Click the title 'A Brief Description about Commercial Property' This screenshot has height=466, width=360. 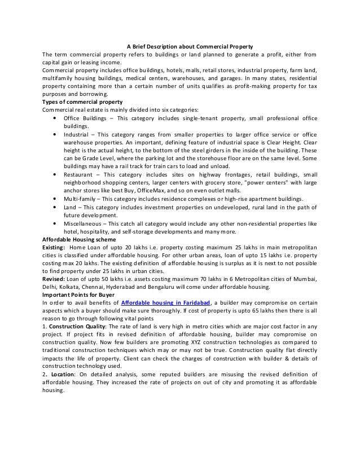pos(189,46)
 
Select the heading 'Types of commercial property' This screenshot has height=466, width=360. pos(79,102)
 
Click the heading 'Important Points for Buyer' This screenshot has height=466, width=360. pos(78,295)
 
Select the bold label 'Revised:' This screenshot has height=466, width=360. pos(54,279)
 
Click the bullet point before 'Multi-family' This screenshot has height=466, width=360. pos(54,199)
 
